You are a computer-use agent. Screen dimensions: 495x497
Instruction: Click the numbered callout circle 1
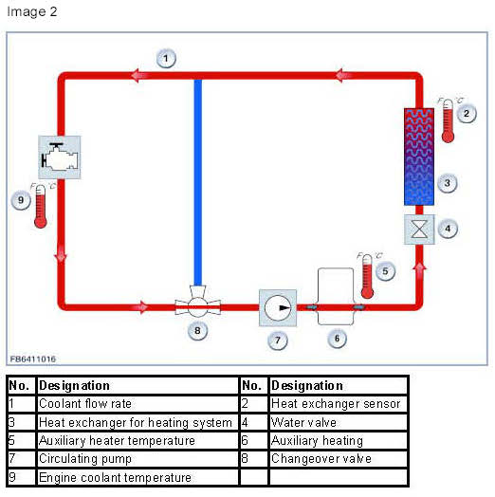click(166, 58)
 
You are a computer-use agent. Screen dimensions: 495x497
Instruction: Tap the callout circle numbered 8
click(197, 331)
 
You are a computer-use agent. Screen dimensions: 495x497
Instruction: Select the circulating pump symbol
click(278, 307)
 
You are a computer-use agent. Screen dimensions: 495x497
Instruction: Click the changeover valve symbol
click(198, 302)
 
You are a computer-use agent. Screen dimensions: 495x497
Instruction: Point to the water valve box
click(419, 230)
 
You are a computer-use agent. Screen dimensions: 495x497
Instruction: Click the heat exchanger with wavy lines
click(419, 156)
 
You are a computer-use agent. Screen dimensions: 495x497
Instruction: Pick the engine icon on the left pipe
click(59, 156)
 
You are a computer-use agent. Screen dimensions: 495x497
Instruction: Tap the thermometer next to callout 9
click(41, 206)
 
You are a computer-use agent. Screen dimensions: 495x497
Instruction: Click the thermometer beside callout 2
click(448, 120)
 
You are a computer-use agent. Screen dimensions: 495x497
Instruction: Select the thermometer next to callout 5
click(367, 276)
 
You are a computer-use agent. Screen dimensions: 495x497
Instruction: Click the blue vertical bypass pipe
click(198, 182)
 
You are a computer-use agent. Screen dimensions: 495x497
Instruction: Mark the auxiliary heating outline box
click(336, 296)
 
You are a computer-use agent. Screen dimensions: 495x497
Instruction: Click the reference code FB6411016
click(33, 359)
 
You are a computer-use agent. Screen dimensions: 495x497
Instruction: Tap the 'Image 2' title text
click(32, 11)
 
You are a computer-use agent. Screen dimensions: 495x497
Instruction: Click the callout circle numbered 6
click(337, 339)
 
